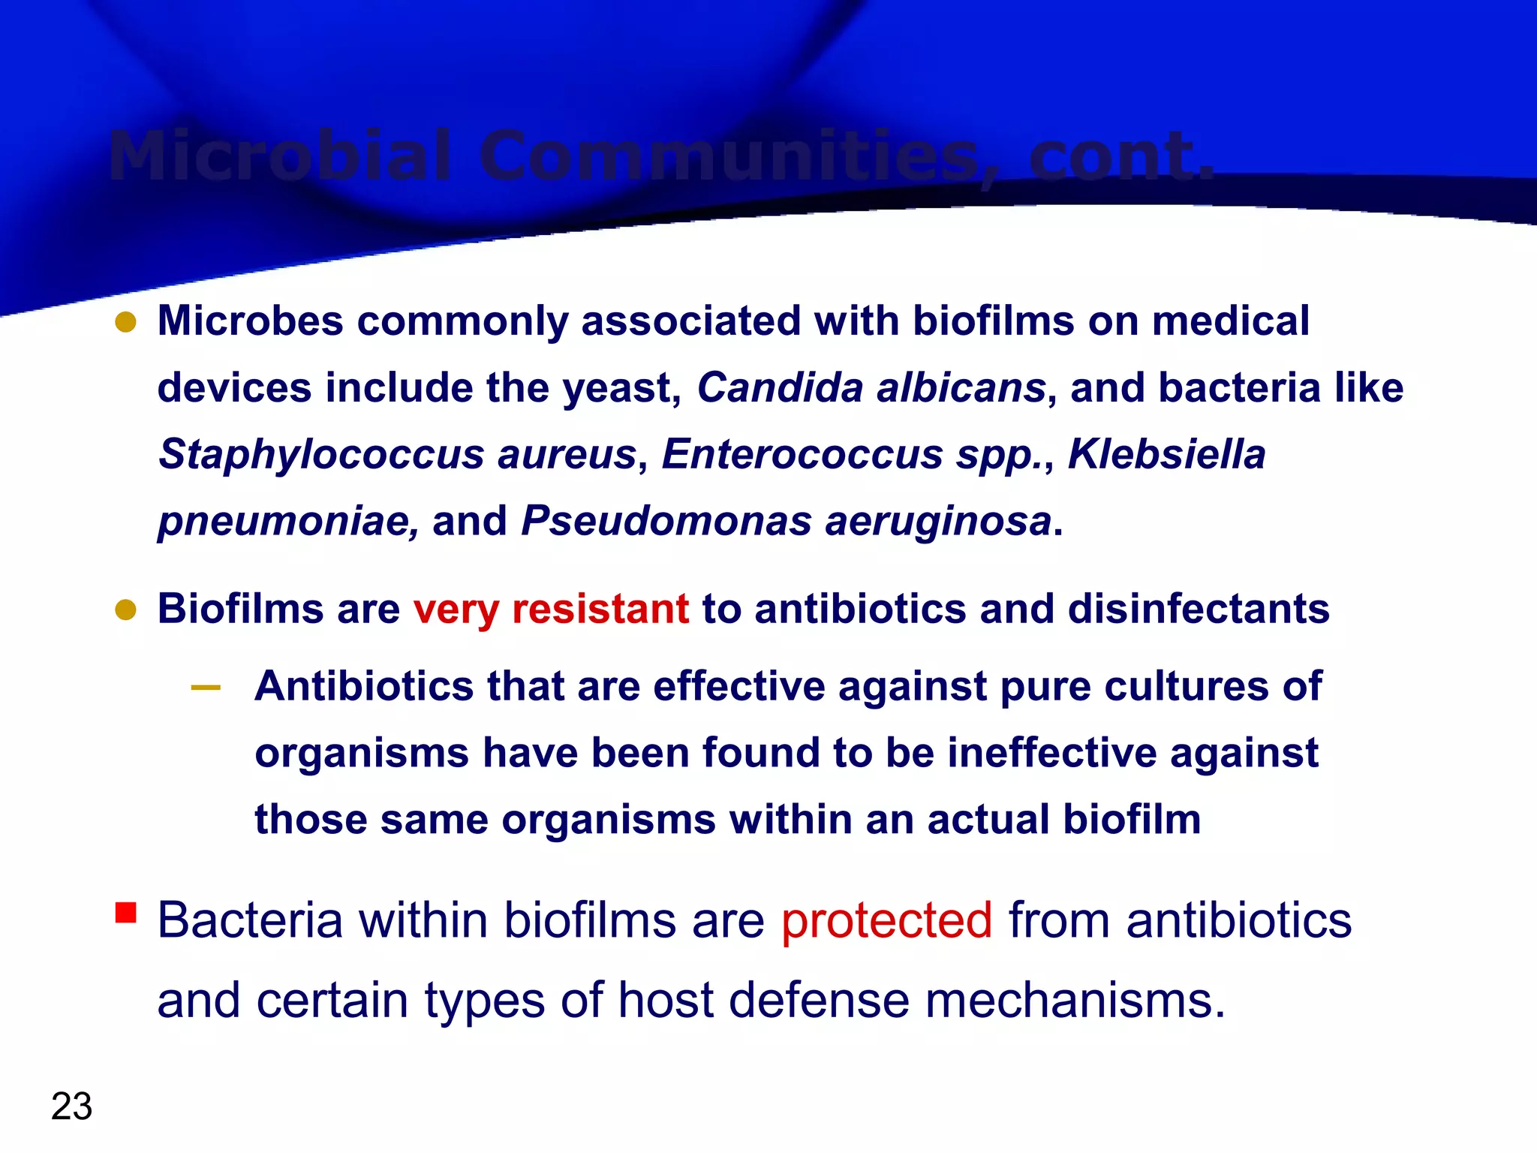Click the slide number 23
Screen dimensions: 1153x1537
72,1106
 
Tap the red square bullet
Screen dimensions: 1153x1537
126,912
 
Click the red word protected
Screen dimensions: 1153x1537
886,920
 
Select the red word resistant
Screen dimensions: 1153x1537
600,608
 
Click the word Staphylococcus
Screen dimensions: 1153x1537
321,454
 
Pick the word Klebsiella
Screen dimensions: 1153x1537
1166,454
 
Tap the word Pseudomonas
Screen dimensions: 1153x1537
666,520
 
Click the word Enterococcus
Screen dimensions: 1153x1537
802,454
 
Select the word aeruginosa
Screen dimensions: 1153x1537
938,522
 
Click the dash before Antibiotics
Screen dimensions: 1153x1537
206,687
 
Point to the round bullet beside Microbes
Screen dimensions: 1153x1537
126,322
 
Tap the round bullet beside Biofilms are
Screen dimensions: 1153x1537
126,610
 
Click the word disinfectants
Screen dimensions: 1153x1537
1199,608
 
